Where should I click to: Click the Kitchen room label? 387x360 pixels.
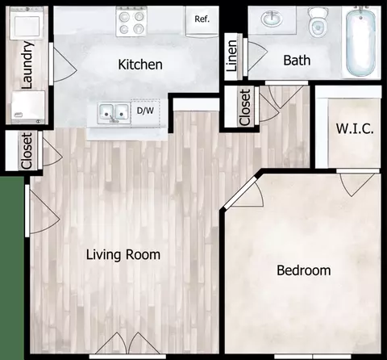point(140,65)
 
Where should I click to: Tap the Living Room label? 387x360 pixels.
point(123,254)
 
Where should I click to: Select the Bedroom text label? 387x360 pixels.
point(304,270)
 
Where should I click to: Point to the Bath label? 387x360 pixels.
point(297,60)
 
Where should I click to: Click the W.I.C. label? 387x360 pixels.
point(355,128)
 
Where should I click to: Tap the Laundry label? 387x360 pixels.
point(27,65)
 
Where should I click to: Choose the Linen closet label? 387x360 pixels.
point(231,56)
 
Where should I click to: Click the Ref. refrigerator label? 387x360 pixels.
point(202,19)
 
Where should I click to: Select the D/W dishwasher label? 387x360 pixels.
point(145,111)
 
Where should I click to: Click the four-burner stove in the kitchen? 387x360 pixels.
point(131,22)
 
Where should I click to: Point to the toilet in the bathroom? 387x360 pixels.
point(318,22)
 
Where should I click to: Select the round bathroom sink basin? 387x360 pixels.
point(272,19)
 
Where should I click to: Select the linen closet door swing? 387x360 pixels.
point(257,57)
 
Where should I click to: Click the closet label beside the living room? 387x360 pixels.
point(27,151)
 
